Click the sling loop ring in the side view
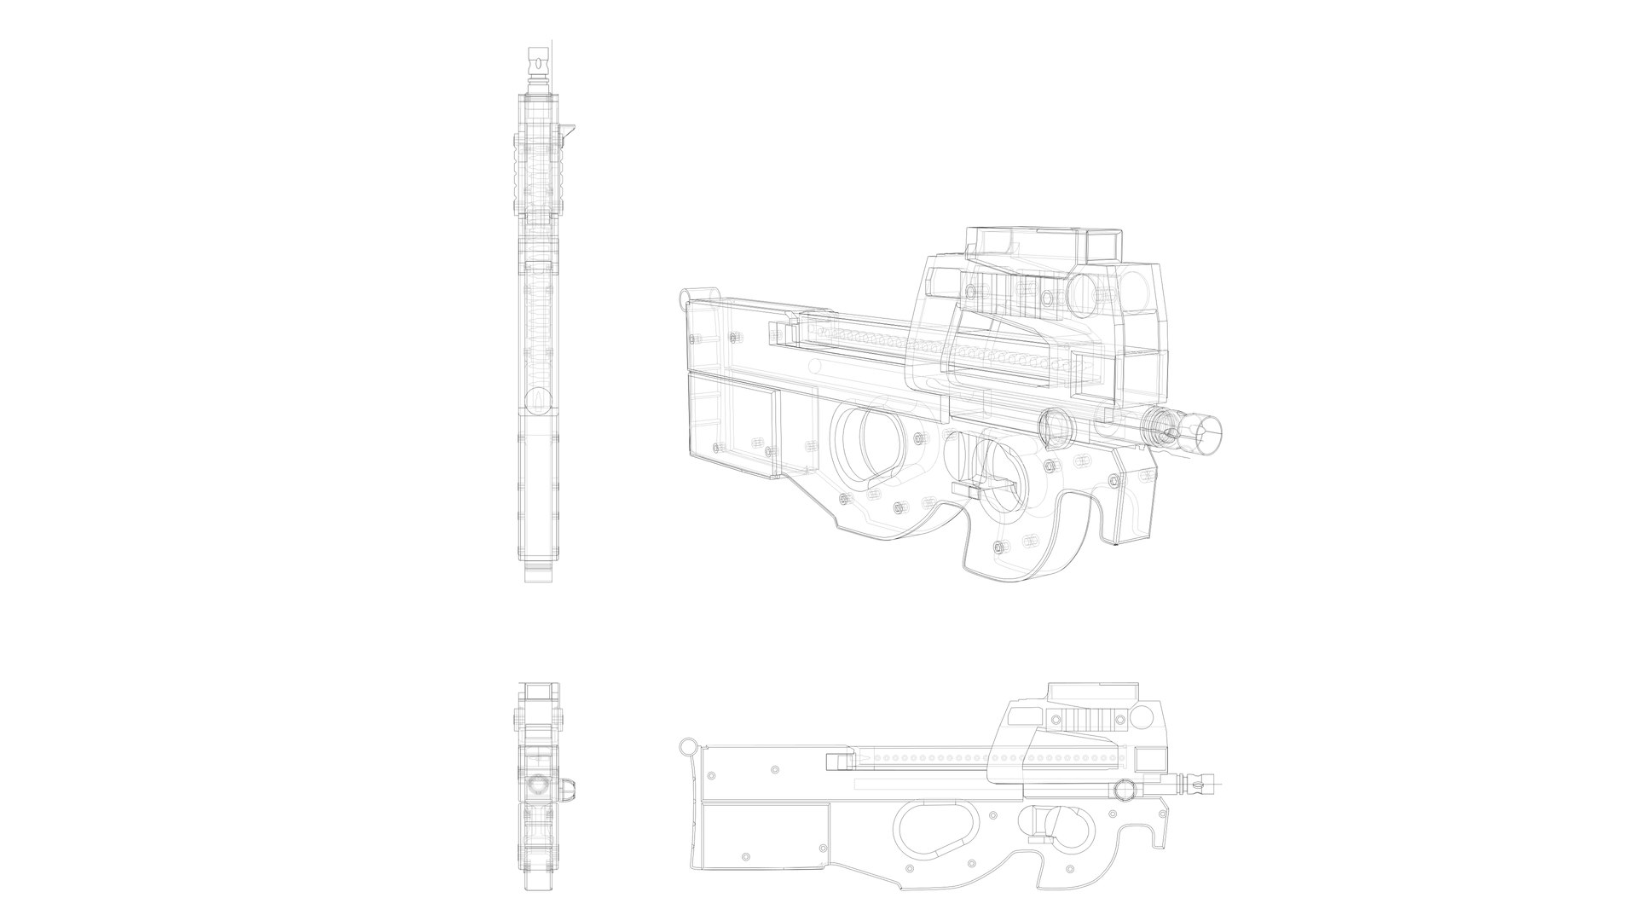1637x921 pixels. [688, 749]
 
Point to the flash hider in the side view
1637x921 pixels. [1198, 782]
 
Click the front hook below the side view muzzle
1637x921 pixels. [1158, 831]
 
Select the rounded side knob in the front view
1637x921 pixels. [568, 789]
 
